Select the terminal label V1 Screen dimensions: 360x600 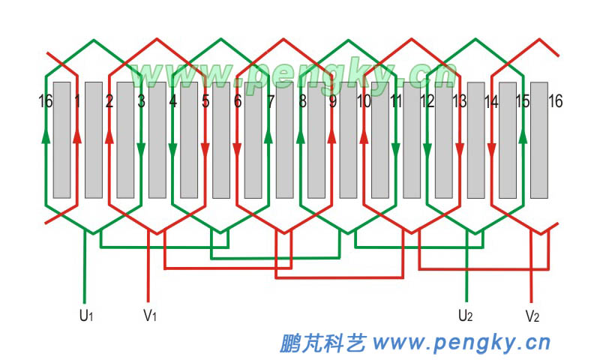(150, 315)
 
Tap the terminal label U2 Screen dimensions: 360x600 (465, 315)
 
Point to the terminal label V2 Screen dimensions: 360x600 (532, 315)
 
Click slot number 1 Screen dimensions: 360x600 (77, 101)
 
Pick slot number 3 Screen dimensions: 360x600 (141, 101)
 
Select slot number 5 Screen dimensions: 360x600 (205, 101)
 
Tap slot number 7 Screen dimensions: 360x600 (270, 101)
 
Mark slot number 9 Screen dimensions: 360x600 (332, 101)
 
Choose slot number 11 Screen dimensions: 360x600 (397, 101)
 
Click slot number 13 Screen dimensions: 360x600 (459, 101)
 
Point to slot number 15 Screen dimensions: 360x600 (523, 101)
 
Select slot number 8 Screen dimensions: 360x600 (302, 101)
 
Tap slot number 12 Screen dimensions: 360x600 (428, 101)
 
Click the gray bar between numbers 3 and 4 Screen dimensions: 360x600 (157, 150)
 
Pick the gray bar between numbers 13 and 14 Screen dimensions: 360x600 (475, 150)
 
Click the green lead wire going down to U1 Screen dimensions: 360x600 (84, 270)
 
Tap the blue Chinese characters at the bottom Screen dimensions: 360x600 (322, 343)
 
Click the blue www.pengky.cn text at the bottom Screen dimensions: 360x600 (461, 343)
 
